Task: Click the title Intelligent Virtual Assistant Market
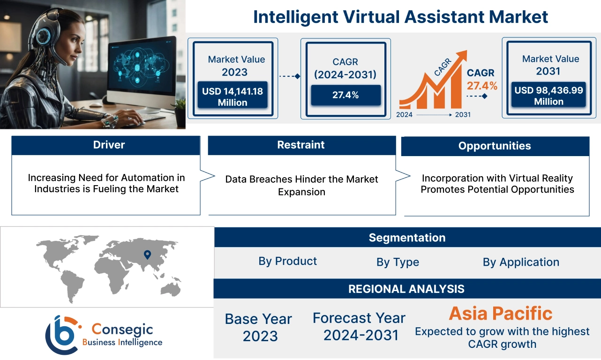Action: click(400, 17)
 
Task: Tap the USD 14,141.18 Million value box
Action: click(233, 97)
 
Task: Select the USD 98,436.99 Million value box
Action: click(548, 96)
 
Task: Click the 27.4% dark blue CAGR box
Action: click(346, 95)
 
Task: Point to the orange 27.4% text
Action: click(481, 86)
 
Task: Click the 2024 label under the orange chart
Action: click(405, 115)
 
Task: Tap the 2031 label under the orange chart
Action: click(462, 115)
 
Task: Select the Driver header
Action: click(109, 145)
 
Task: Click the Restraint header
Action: click(301, 145)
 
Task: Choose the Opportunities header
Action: click(495, 146)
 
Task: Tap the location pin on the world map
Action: click(147, 255)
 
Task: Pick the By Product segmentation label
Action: click(287, 261)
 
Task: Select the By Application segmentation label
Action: click(521, 262)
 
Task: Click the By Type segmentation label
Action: click(398, 262)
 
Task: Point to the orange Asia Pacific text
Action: click(501, 313)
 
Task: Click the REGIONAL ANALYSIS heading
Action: click(406, 289)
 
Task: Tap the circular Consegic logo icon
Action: click(62, 334)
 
